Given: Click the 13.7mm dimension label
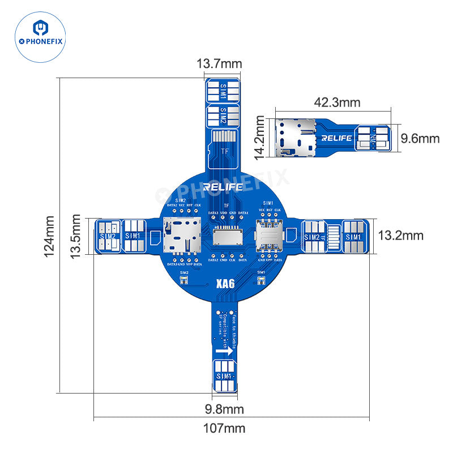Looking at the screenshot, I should coord(219,64).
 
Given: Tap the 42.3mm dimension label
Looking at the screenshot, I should coord(337,103).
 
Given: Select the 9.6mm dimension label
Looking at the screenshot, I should coord(420,138).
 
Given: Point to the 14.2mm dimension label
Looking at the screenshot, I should coord(260,136).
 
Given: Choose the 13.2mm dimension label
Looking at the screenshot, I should coord(401,235).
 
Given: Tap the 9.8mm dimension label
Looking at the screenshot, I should coord(224,409).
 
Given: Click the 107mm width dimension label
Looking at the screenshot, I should coord(224,429).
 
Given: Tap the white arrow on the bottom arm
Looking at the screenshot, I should coord(225,352).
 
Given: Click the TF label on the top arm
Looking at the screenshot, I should coord(224,151).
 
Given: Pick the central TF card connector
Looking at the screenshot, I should coord(226,236).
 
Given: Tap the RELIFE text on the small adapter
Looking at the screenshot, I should coord(336,138).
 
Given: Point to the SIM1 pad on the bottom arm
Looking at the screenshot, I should coord(225,377).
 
